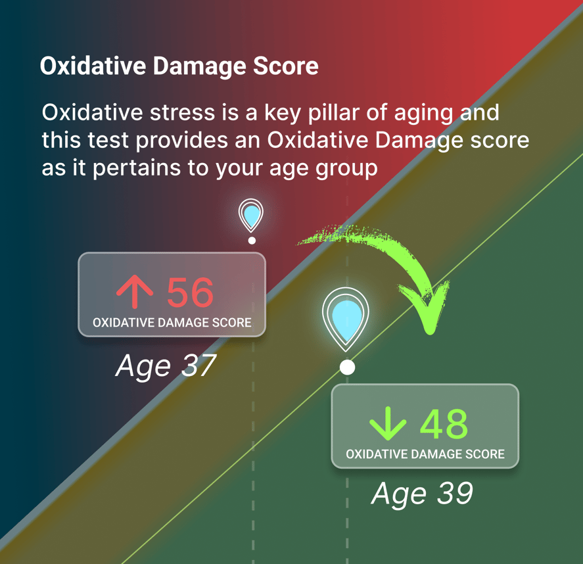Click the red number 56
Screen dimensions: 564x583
[190, 293]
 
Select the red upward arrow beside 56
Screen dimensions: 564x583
[135, 293]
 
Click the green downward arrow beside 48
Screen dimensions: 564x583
[388, 424]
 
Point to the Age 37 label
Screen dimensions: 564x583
[166, 365]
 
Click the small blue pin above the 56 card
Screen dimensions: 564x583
[251, 215]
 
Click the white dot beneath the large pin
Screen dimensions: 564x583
[347, 367]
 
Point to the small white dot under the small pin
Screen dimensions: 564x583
[252, 241]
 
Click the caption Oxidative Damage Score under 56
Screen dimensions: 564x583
[172, 323]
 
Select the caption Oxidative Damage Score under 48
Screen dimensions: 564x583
[425, 454]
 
